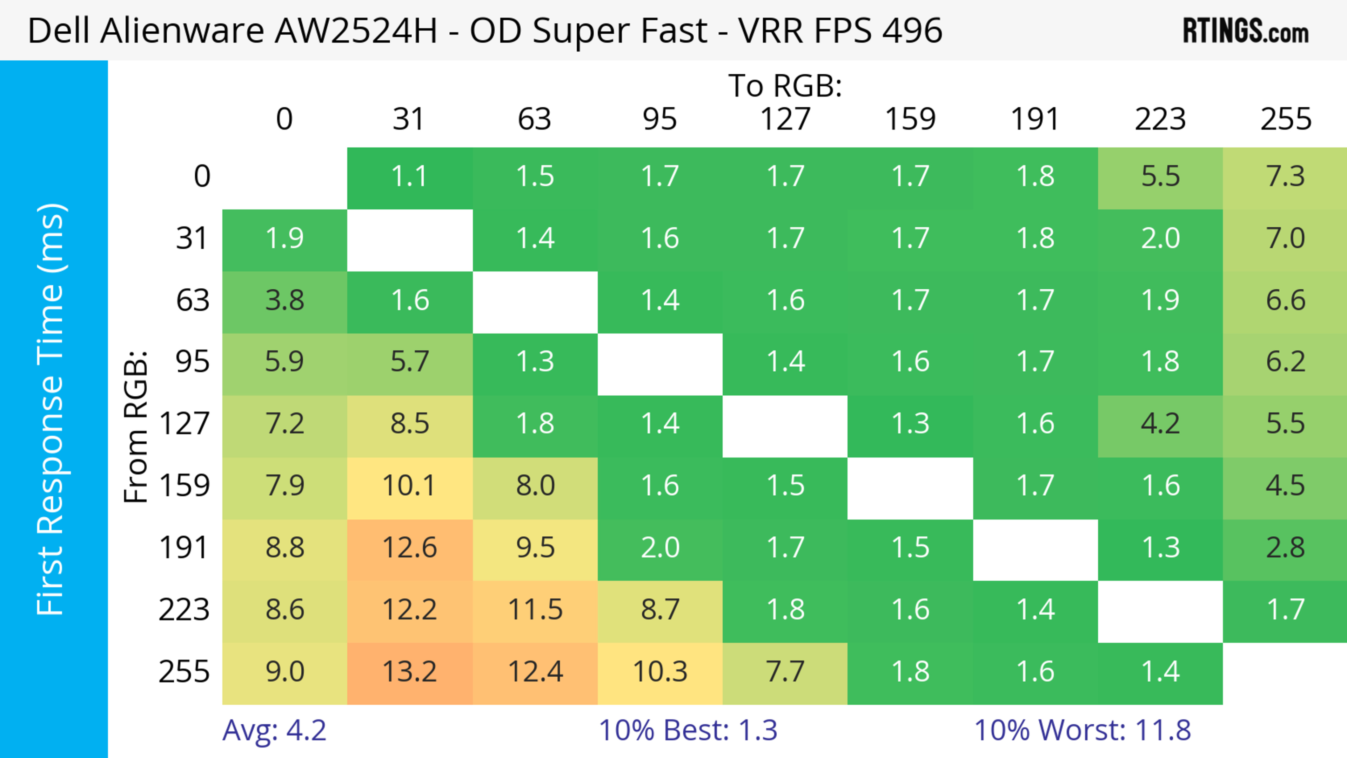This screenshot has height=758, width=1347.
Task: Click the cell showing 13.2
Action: point(409,672)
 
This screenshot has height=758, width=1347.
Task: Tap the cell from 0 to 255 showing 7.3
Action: point(1285,176)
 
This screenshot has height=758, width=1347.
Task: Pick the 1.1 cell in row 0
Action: point(409,176)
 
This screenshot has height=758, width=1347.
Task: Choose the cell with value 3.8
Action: point(284,300)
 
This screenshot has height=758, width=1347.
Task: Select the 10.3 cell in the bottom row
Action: point(660,672)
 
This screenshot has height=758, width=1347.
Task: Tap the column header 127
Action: point(785,119)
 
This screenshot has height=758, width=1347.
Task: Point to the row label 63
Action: point(193,300)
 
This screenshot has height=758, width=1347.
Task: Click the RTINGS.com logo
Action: point(1246,31)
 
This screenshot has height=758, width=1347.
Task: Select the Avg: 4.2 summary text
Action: point(274,730)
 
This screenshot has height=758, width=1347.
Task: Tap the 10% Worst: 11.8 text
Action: point(1083,730)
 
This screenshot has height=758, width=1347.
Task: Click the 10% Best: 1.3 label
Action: point(688,730)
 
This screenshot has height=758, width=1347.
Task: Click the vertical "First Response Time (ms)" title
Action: point(51,409)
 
